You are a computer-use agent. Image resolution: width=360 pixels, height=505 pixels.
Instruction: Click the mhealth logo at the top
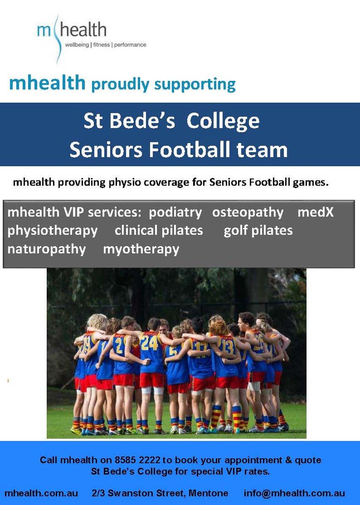coord(91,38)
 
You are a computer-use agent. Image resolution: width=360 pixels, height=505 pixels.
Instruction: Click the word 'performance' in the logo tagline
coord(130,45)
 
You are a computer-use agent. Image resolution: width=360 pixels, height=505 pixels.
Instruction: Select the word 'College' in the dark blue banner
coord(223,122)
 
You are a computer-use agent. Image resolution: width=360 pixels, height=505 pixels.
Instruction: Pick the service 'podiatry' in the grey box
coord(175,213)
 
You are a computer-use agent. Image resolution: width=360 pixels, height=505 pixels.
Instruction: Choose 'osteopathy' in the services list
coord(248,213)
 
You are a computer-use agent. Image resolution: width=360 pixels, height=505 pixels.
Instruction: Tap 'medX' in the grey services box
coord(315,212)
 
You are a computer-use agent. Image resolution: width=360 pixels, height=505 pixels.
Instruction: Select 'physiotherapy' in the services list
coord(53,231)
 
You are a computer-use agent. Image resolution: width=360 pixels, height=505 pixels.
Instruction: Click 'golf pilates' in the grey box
coord(258,231)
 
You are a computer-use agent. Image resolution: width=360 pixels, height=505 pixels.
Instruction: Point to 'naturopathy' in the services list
coord(47,250)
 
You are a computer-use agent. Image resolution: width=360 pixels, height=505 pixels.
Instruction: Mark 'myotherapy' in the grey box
coord(141,250)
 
